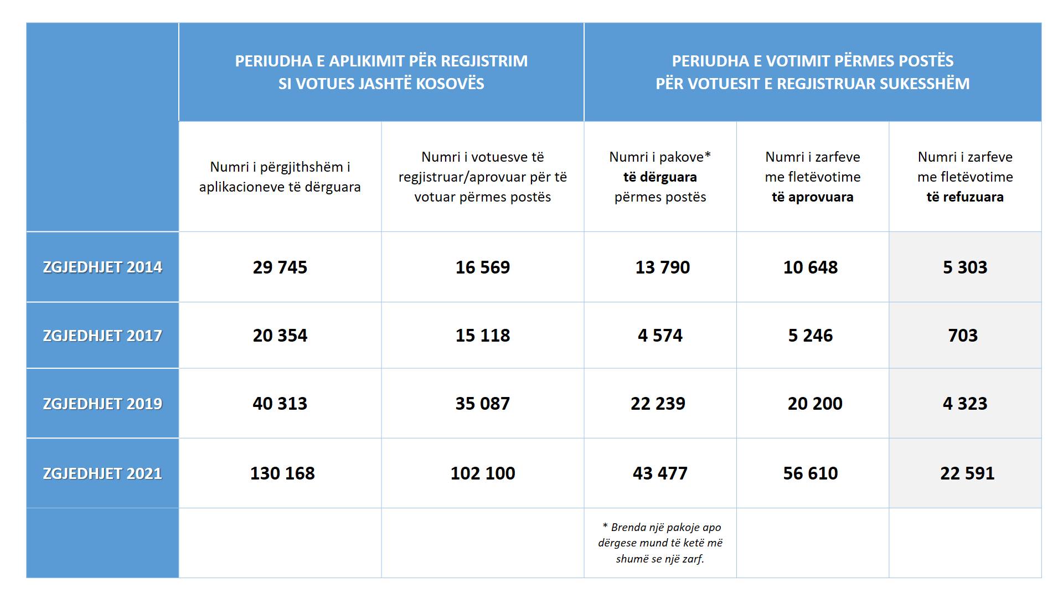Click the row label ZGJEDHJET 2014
pyautogui.click(x=102, y=267)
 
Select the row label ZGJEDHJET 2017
pyautogui.click(x=102, y=336)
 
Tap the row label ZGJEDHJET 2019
pyautogui.click(x=102, y=404)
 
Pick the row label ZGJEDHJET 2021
pyautogui.click(x=102, y=473)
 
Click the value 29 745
pyautogui.click(x=280, y=267)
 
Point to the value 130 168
pyautogui.click(x=282, y=473)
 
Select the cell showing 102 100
pyautogui.click(x=483, y=473)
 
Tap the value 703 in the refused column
pyautogui.click(x=963, y=336)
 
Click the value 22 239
pyautogui.click(x=658, y=404)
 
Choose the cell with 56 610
pyautogui.click(x=811, y=473)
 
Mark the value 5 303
pyautogui.click(x=965, y=267)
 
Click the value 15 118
pyautogui.click(x=483, y=336)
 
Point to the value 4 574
pyautogui.click(x=660, y=336)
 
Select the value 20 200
pyautogui.click(x=815, y=404)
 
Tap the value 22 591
pyautogui.click(x=967, y=473)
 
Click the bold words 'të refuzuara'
pyautogui.click(x=965, y=197)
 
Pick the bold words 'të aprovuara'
pyautogui.click(x=813, y=197)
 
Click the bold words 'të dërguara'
pyautogui.click(x=660, y=177)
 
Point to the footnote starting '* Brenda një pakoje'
pyautogui.click(x=660, y=543)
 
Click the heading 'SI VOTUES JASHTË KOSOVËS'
pyautogui.click(x=381, y=84)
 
